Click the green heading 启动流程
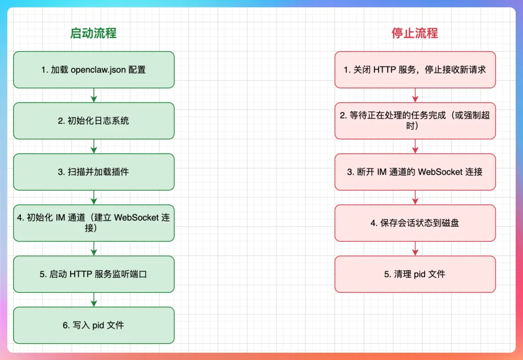(x=93, y=33)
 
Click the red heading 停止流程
(x=415, y=33)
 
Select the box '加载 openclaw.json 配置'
(x=93, y=70)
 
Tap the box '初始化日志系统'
(x=93, y=121)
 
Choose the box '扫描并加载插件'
(x=93, y=172)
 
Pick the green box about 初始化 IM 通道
(x=93, y=223)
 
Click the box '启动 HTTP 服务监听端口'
(x=93, y=274)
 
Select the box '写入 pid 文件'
(x=93, y=325)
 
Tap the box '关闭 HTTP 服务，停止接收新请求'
(x=415, y=70)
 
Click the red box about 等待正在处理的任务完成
(x=415, y=121)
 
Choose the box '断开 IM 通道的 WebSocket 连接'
(x=415, y=172)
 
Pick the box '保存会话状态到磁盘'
(x=415, y=223)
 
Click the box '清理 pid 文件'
(x=415, y=274)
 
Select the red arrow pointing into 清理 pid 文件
(x=415, y=249)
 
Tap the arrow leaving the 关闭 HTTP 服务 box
(x=415, y=95)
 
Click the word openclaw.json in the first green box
(x=99, y=70)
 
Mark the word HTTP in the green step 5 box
(x=80, y=274)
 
